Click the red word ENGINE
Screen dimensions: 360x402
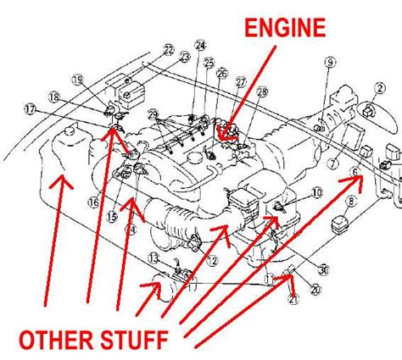(285, 28)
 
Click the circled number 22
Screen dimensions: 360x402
(169, 48)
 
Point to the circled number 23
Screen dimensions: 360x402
(183, 57)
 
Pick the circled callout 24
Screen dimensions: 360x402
(200, 45)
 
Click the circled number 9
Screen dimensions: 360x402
(330, 61)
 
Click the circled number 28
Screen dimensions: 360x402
(262, 91)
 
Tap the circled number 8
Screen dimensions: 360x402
(349, 202)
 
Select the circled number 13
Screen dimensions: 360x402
(154, 258)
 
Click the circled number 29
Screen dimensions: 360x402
(153, 114)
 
